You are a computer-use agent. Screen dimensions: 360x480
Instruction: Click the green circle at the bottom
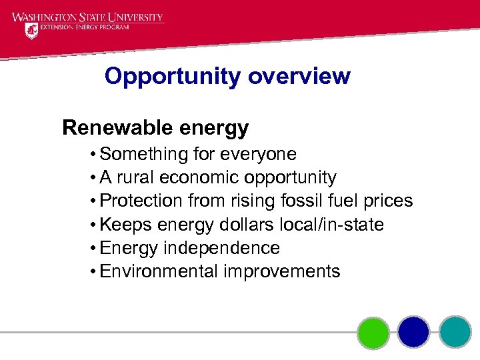click(373, 332)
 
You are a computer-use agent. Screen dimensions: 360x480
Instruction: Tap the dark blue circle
click(414, 332)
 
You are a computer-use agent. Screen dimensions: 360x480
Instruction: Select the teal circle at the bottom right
click(455, 332)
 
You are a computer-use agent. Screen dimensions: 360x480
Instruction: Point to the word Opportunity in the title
click(173, 76)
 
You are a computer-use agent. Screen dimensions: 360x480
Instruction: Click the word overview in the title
click(299, 76)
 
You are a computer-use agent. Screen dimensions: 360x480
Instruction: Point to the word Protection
click(141, 201)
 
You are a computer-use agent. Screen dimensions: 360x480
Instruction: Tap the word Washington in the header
click(44, 17)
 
